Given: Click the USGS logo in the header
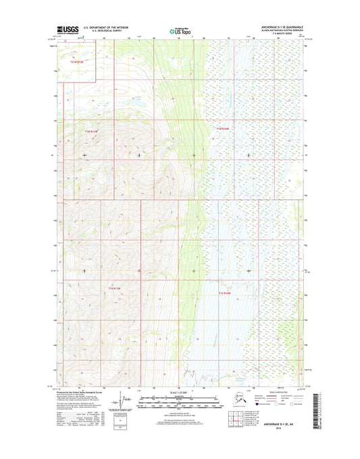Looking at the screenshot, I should [68, 30].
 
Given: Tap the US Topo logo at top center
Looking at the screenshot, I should [179, 30].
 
